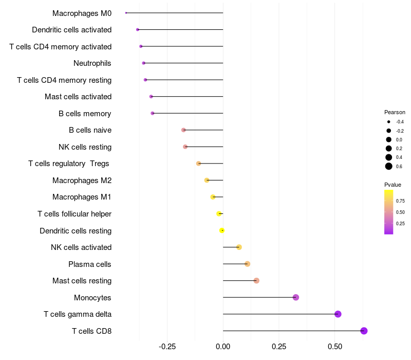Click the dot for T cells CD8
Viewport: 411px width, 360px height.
364,331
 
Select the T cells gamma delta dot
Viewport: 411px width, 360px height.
338,314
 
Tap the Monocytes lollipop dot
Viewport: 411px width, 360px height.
295,297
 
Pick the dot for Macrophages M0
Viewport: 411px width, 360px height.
126,13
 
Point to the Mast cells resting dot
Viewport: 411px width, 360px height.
256,281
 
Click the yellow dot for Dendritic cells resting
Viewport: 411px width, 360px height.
222,230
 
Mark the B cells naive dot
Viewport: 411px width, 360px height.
183,130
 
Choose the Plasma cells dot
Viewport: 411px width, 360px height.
247,264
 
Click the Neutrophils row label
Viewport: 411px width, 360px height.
92,63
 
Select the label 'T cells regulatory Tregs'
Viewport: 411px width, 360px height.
69,164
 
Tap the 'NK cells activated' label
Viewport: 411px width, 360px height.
81,247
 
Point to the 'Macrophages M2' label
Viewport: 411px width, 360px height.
82,181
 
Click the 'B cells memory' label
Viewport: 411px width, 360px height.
85,114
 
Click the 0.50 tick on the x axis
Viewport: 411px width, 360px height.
334,347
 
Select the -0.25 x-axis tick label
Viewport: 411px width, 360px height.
167,347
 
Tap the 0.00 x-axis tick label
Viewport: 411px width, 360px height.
223,347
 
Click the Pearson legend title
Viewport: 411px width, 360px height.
395,112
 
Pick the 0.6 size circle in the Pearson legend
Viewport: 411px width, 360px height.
389,166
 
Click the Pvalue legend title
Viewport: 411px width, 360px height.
393,185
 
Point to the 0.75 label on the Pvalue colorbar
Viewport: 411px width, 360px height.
400,201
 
